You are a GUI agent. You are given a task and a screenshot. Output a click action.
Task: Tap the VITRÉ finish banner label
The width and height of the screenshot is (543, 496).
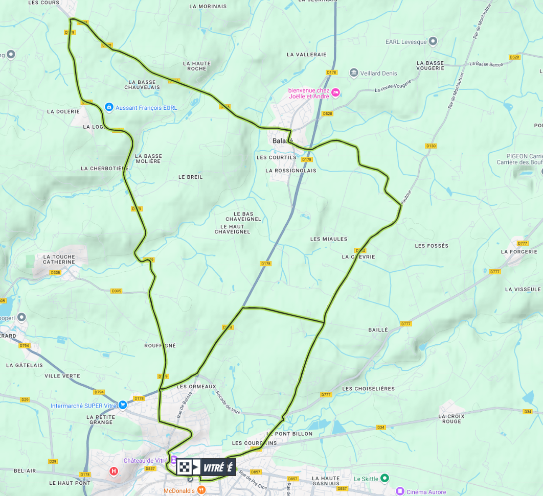[x=217, y=467]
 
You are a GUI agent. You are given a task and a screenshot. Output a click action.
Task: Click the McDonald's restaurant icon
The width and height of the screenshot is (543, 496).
[x=201, y=489]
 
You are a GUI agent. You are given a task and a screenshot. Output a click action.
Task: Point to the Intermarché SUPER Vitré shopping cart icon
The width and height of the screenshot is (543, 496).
[x=122, y=405]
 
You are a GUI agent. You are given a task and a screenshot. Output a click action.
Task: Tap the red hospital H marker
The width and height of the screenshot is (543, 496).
[x=114, y=471]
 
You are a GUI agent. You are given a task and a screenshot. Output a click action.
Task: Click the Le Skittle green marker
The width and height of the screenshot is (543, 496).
[x=385, y=478]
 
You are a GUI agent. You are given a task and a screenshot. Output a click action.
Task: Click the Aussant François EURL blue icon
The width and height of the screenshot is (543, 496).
[x=108, y=107]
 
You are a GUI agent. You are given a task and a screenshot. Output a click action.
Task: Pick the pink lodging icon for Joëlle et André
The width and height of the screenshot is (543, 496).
[x=335, y=92]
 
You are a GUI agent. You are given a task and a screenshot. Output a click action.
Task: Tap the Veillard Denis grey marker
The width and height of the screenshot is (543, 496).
[x=353, y=73]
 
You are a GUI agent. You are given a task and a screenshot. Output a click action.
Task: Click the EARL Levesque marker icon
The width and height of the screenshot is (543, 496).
[x=433, y=41]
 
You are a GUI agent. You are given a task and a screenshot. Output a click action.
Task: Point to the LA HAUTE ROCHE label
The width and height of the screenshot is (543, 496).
[x=197, y=66]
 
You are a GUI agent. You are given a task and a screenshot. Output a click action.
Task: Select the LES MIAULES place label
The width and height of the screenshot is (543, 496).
[x=328, y=239]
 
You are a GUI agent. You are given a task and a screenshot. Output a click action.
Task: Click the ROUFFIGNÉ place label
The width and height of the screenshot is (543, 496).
[x=160, y=346]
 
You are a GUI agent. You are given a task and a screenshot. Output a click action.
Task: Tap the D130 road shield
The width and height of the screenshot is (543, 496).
[x=431, y=146]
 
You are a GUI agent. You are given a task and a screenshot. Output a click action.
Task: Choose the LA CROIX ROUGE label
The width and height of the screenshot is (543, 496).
[x=451, y=419]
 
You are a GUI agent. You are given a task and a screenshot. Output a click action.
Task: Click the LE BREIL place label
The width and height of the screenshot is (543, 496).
[x=191, y=177]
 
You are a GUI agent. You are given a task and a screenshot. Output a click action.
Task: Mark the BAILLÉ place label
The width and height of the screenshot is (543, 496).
[x=378, y=330]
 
